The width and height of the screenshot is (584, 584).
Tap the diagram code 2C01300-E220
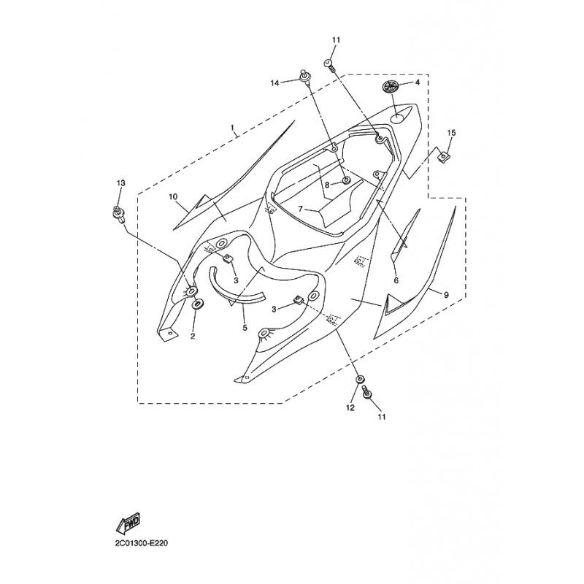coord(142,543)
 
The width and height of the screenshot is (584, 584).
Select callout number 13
coord(120,183)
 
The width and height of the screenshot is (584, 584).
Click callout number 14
coord(274,83)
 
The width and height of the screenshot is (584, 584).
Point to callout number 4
coord(417,82)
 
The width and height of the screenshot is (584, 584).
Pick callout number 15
coord(451,133)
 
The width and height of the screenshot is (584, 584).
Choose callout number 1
coord(232,128)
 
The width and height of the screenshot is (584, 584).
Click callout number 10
coord(173,196)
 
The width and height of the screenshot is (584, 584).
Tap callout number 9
coord(446,295)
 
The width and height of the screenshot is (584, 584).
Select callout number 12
coord(350,408)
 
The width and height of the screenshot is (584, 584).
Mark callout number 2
coord(193,337)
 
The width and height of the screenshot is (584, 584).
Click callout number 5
coord(245,328)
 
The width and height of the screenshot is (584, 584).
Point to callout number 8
coord(327,185)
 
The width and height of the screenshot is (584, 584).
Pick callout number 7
coord(301,210)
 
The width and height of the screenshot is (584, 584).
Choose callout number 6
coord(396,280)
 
